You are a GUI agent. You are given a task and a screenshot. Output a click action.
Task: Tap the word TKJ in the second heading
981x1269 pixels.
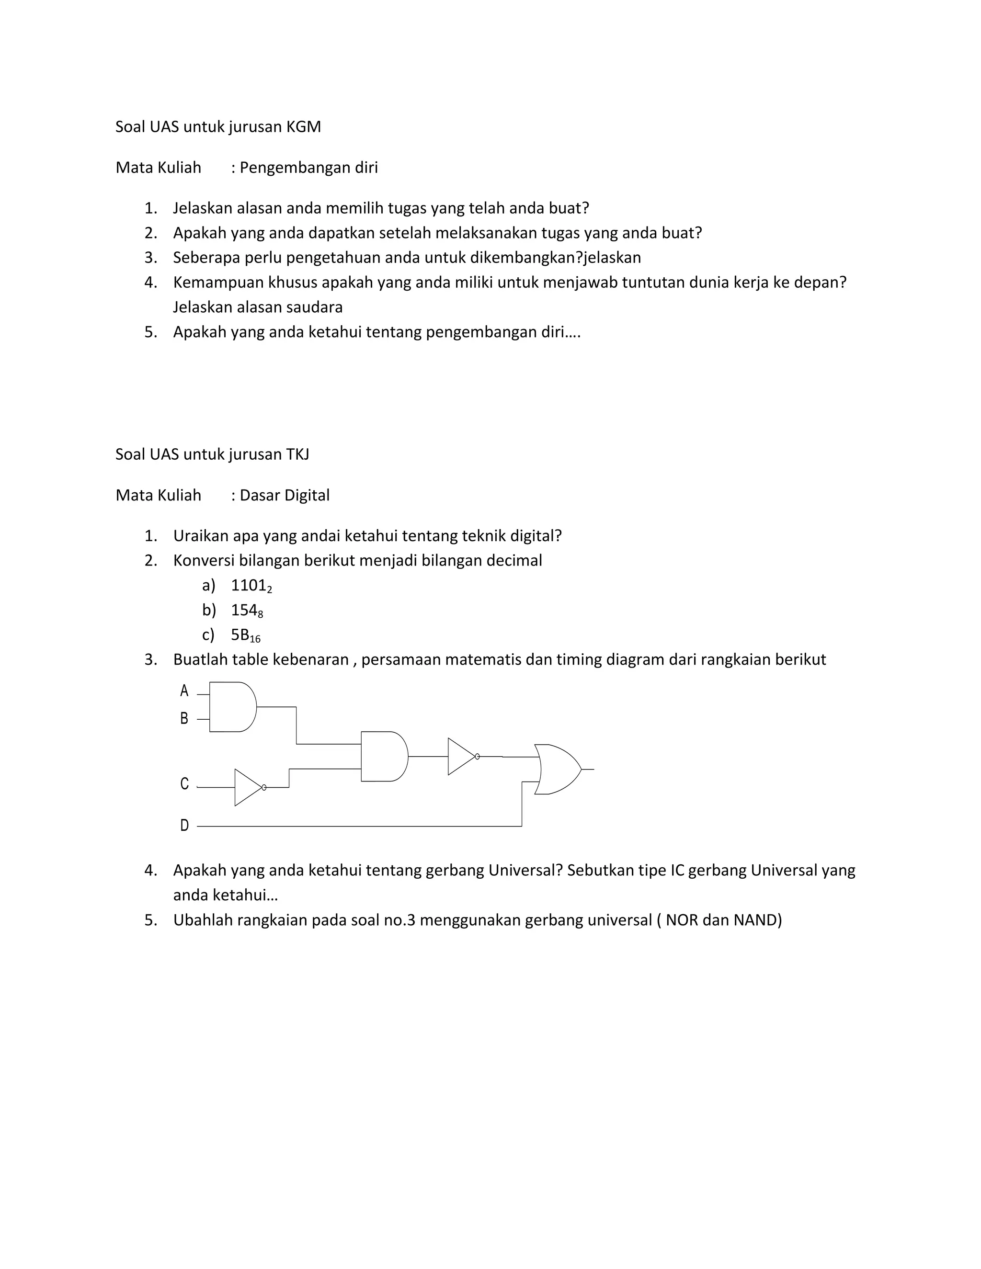(297, 454)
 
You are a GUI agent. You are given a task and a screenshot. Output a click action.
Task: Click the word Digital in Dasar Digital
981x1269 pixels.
(308, 495)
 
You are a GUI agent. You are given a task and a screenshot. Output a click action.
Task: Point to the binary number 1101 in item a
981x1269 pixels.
(249, 585)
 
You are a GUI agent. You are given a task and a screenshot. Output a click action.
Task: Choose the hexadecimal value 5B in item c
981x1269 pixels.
(240, 634)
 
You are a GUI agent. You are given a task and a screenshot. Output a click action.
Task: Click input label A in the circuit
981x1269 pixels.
(184, 691)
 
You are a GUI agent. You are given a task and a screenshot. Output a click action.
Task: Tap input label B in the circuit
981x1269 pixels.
(184, 719)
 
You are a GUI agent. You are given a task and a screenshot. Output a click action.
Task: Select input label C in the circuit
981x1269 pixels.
(184, 784)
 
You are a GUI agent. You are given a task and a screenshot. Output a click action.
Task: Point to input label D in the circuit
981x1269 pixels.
(184, 825)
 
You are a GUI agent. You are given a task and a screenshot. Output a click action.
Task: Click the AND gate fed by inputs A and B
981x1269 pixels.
(231, 706)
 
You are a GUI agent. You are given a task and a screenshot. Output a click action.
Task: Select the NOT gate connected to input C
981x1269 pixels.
(248, 787)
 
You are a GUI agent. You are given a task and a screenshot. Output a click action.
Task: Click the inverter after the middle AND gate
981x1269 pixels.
(461, 757)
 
